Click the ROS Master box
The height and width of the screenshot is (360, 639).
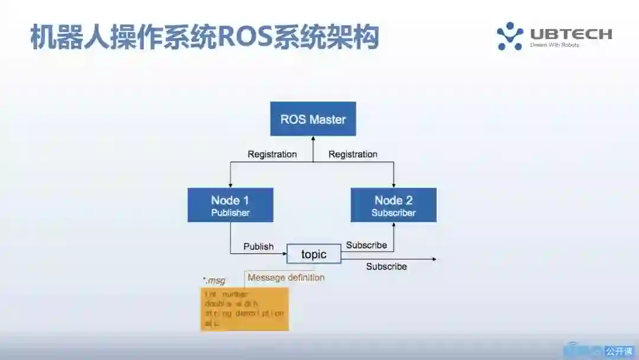313,119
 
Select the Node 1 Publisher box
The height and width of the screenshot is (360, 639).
230,205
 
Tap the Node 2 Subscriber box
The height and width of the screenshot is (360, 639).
393,205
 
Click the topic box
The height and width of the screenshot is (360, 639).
314,254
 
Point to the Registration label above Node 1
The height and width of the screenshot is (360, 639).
272,154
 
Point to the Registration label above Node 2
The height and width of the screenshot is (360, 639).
353,154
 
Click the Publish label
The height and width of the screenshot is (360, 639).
259,246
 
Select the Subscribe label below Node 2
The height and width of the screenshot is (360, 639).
366,245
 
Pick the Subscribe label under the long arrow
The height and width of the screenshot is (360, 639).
386,266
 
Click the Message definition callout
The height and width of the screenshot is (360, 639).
286,277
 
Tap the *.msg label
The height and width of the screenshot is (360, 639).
214,281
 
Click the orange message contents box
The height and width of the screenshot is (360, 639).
244,309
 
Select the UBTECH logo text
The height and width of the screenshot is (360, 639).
571,34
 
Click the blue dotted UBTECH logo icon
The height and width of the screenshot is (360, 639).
509,36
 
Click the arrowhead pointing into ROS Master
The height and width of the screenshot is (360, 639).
313,139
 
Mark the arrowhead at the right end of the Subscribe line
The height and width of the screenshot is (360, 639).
434,259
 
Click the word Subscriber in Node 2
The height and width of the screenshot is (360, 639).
393,213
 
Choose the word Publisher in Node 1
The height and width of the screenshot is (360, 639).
230,213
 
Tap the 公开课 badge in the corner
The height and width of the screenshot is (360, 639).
619,351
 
